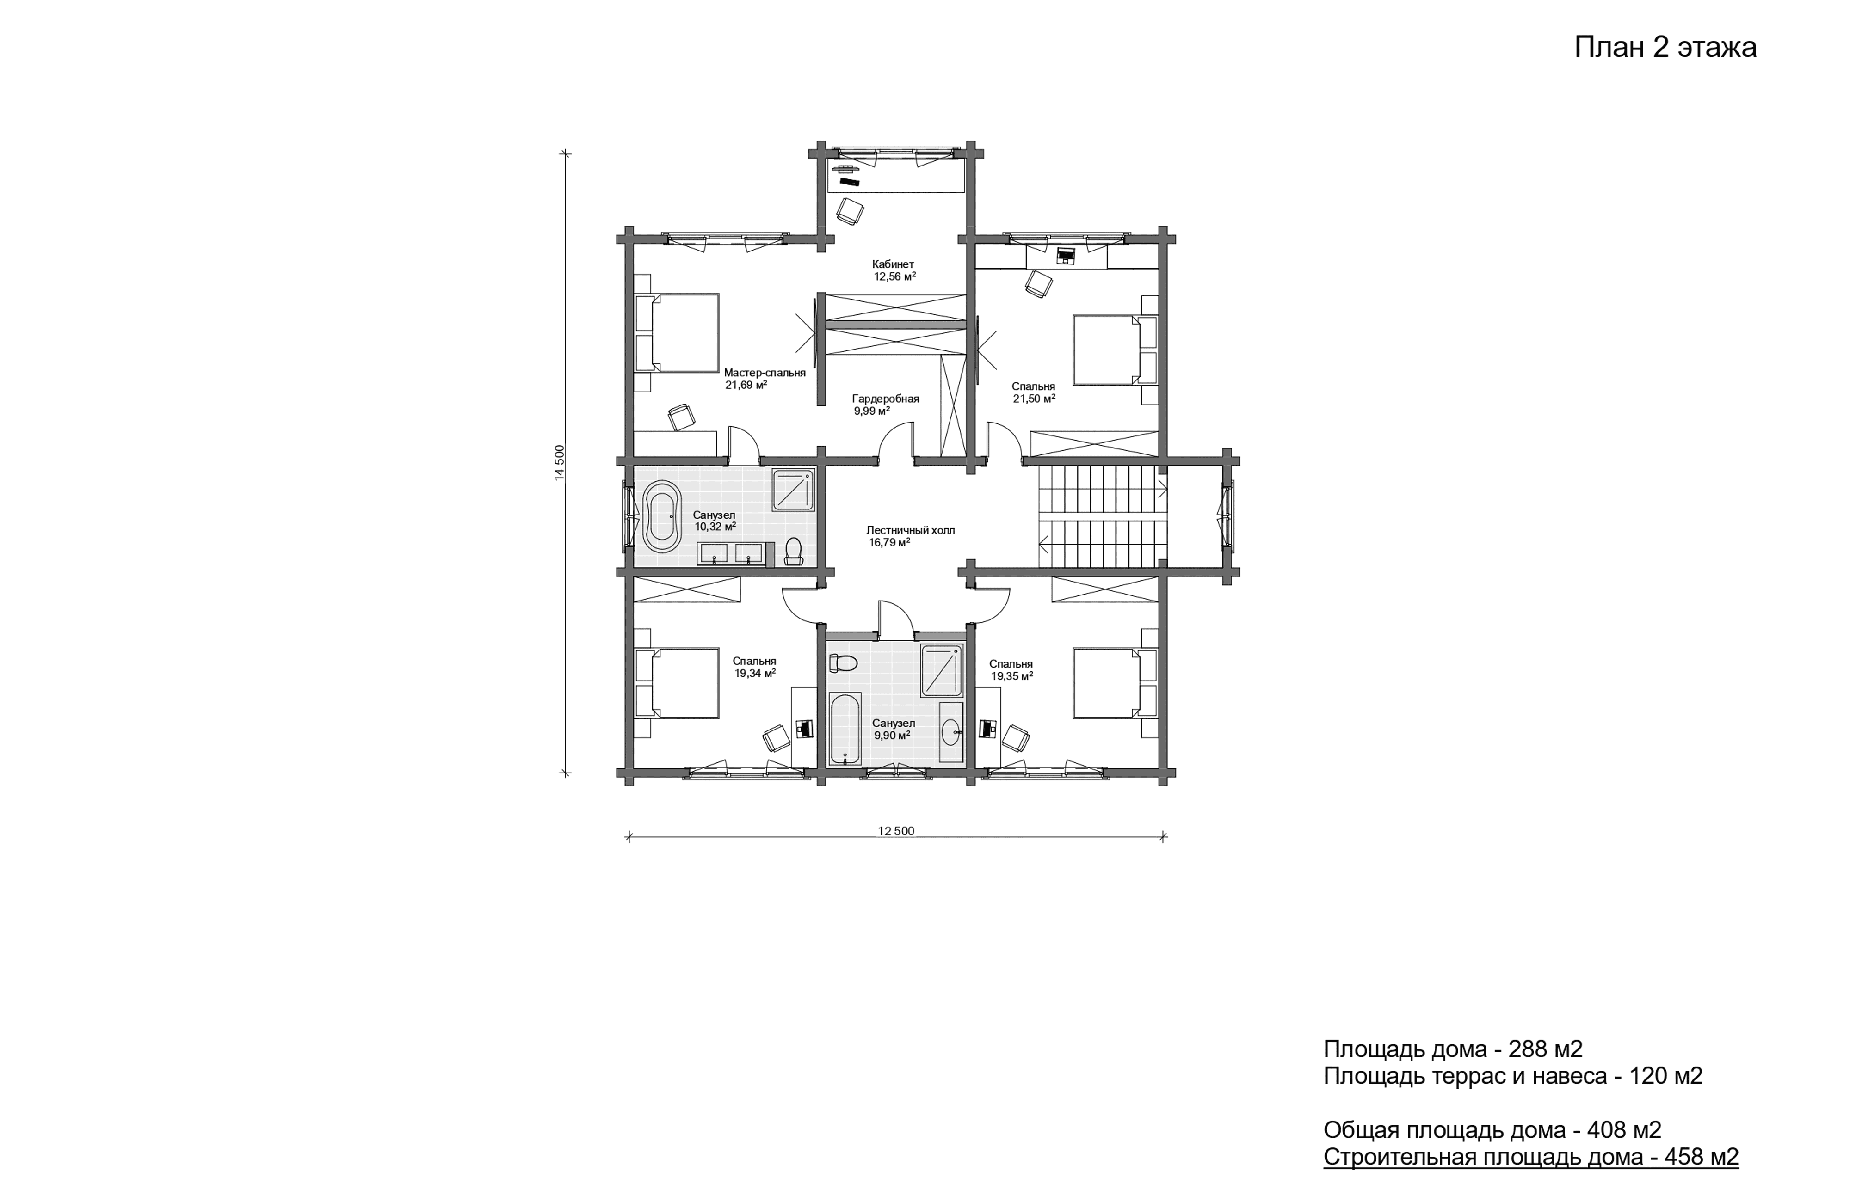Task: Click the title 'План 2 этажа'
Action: tap(1665, 48)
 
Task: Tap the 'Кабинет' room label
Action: tap(893, 264)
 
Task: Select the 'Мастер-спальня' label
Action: tap(765, 373)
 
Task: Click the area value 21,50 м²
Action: tap(1034, 399)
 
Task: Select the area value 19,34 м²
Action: tap(755, 674)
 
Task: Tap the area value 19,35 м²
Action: tap(1011, 676)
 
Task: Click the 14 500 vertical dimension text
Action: tap(560, 463)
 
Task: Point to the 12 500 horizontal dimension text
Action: tap(896, 831)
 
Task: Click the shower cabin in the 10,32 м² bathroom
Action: tap(793, 490)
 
